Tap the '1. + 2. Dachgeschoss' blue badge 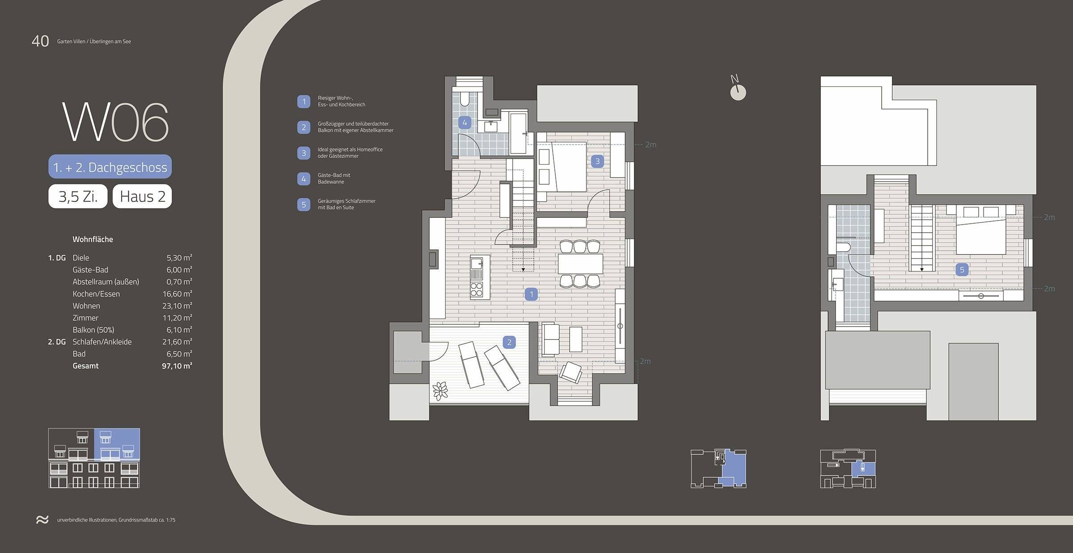(110, 167)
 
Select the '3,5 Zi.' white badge (78, 196)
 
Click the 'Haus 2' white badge (142, 196)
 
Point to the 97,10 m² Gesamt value (177, 366)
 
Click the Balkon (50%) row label (93, 330)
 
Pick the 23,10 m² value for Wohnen (177, 306)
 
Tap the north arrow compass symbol (738, 92)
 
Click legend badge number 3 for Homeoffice (304, 153)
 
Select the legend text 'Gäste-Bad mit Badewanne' (334, 179)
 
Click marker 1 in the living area (531, 294)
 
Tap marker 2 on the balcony (509, 343)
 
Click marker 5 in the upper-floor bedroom (962, 270)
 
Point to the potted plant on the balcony (440, 391)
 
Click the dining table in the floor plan (580, 264)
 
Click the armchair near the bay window (571, 371)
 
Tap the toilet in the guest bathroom (465, 98)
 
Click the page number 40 (40, 41)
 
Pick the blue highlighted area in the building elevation (117, 444)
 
